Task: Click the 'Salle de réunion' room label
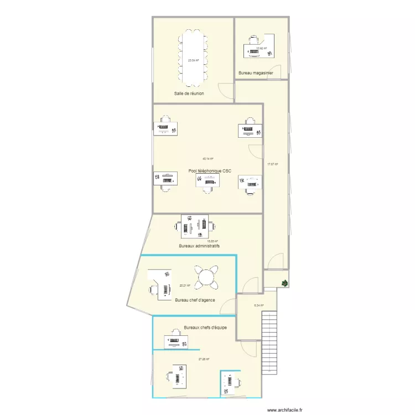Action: [x=189, y=94]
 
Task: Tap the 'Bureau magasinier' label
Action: [x=256, y=73]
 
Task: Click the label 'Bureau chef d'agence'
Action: [x=195, y=300]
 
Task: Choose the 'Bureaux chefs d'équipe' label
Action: [x=205, y=328]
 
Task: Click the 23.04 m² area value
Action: [x=193, y=60]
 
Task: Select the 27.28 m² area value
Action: [x=204, y=359]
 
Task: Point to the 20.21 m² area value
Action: [x=185, y=286]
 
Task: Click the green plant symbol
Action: [x=284, y=283]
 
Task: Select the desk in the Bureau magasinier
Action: [x=259, y=45]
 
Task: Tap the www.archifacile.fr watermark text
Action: [x=284, y=410]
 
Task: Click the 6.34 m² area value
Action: [x=258, y=305]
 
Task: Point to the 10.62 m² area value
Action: [x=261, y=48]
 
